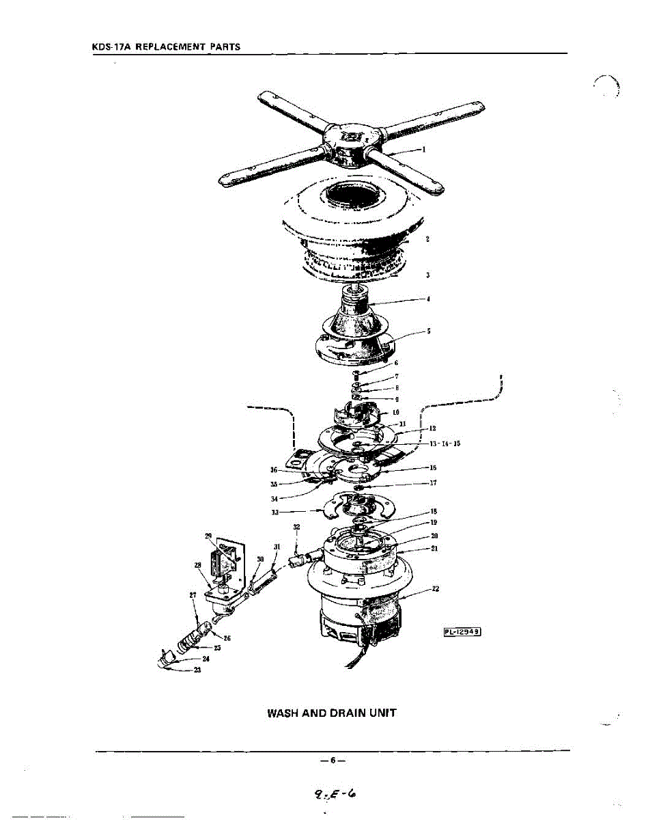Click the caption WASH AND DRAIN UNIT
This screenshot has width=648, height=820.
331,713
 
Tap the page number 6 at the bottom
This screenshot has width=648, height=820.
333,760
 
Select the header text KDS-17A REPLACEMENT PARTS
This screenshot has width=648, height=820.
166,47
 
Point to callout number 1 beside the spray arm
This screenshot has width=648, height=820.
424,150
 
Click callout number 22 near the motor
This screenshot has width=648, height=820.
436,589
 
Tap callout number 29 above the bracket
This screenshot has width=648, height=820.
208,535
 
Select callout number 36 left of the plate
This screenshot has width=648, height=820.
274,469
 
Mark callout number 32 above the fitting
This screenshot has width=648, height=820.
296,527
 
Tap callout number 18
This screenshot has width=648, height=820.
434,511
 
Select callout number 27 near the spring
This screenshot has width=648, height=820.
193,594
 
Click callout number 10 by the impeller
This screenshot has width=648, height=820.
396,413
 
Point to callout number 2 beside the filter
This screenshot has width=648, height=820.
427,239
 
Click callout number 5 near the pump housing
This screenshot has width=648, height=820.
428,331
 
